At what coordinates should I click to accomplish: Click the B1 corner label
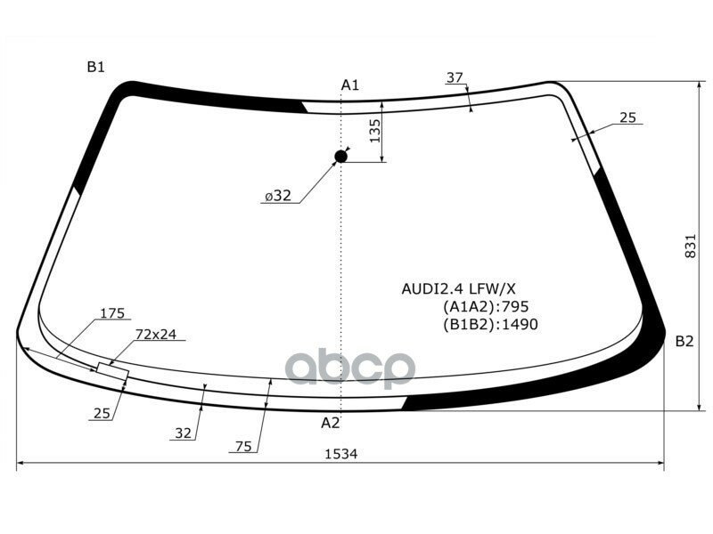coord(96,67)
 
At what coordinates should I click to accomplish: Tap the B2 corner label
coord(684,341)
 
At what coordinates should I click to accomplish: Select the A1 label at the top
coord(349,85)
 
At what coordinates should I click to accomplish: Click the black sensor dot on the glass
coord(340,158)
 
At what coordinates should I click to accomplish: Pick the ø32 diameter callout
coord(277,197)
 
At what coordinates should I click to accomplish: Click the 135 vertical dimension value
coord(374,132)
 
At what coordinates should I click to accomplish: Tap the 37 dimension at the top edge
coord(455,78)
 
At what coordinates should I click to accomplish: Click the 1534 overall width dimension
coord(340,454)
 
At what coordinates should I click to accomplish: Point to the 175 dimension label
coord(111,313)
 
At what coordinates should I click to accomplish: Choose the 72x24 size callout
coord(156,335)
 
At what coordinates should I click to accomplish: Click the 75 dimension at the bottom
coord(243,447)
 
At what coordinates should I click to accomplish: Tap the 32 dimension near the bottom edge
coord(183,433)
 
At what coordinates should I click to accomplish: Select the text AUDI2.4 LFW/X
coord(458,289)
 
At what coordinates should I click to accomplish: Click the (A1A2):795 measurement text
coord(479,307)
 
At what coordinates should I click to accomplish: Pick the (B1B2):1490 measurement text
coord(490,325)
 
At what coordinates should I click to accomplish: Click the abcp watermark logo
coord(349,368)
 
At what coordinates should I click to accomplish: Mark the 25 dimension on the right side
coord(627,117)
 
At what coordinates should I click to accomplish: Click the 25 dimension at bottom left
coord(100,412)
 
